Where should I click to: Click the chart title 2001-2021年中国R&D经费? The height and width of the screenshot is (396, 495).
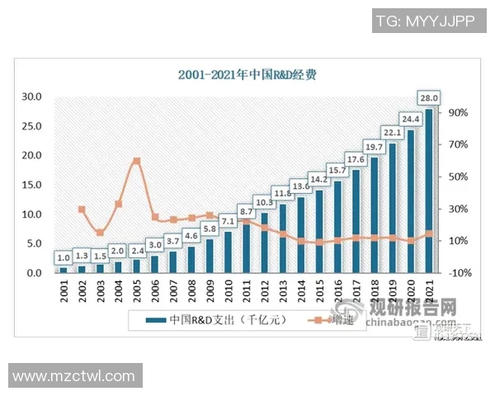[x=247, y=74]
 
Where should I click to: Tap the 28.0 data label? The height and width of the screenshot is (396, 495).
[x=429, y=99]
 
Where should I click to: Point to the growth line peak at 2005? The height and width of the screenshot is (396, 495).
[x=136, y=161]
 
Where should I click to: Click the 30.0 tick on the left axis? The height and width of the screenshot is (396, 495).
[x=31, y=97]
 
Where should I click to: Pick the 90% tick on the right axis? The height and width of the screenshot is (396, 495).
[x=459, y=112]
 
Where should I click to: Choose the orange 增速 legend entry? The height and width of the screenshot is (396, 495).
[x=338, y=320]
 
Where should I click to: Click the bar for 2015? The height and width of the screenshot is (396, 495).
[x=318, y=232]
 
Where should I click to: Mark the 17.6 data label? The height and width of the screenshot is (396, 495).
[x=356, y=159]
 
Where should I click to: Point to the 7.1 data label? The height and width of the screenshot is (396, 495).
[x=227, y=222]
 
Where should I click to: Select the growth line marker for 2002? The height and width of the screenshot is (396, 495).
[x=82, y=210]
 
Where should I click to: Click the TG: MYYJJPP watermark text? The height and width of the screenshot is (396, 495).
[x=426, y=21]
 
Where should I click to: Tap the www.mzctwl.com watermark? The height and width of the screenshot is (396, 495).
[x=74, y=376]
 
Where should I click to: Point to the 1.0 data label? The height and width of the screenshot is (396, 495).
[x=64, y=257]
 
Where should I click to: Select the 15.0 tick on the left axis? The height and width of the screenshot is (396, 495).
[x=31, y=185]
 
